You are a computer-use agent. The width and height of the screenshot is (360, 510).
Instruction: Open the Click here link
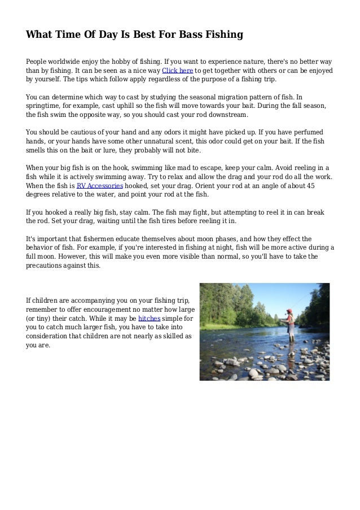[178, 71]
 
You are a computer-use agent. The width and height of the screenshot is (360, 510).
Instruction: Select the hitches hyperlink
[148, 318]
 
